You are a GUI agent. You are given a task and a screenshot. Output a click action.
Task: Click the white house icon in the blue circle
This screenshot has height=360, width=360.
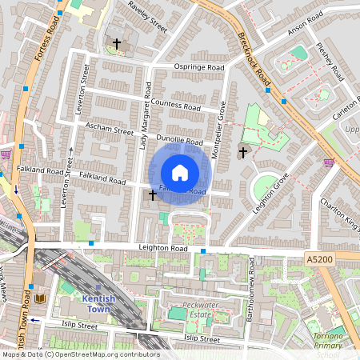pyautogui.click(x=180, y=172)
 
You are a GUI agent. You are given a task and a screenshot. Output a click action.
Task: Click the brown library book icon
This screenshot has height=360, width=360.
pyautogui.click(x=40, y=299)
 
